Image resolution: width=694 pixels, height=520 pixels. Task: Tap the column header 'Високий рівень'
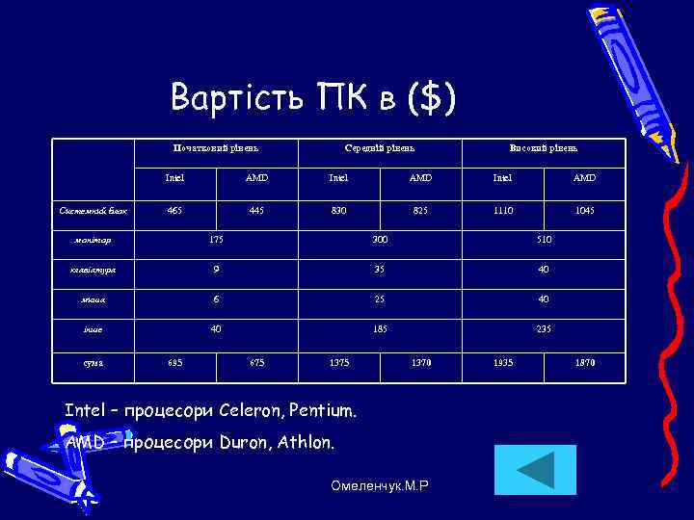point(544,148)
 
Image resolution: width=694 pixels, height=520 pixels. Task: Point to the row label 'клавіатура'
point(93,271)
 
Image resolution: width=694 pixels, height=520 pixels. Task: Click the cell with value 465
point(174,210)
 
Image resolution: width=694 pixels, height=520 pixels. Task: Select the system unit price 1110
point(503,210)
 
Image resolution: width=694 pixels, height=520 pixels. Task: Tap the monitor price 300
point(380,239)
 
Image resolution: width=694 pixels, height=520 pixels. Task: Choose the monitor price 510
point(544,239)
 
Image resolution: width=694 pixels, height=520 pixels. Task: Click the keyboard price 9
point(216,270)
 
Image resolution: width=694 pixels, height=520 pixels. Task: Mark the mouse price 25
point(380,299)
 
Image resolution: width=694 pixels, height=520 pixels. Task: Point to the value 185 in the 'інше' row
point(380,329)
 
